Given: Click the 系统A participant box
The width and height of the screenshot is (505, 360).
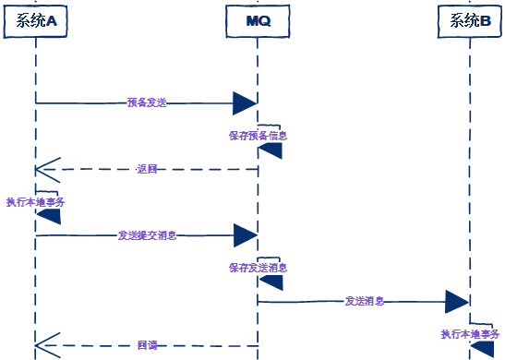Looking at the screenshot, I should tap(36, 20).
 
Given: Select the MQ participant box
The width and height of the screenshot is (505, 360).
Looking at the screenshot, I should tap(258, 20).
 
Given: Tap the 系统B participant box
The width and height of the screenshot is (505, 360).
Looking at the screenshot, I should tap(470, 20).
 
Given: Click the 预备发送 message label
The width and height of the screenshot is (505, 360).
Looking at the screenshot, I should tap(147, 102).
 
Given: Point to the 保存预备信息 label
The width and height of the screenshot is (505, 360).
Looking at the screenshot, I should tap(259, 135).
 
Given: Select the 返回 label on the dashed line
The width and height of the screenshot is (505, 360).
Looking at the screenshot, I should tap(147, 169).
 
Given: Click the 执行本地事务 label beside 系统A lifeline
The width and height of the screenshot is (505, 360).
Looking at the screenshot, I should tap(35, 201).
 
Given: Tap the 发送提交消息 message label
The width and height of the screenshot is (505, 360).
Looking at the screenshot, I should tap(147, 235).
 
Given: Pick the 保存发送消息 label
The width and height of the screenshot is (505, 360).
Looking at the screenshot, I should tap(259, 268).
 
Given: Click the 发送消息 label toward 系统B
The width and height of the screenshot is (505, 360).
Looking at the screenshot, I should tap(365, 301).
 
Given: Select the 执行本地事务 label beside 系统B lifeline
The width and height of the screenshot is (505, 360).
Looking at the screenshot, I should tap(470, 333).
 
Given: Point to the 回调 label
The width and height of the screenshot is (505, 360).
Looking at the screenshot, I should tap(147, 345).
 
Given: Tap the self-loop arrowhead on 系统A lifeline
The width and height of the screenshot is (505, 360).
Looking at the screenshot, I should tap(48, 216).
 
